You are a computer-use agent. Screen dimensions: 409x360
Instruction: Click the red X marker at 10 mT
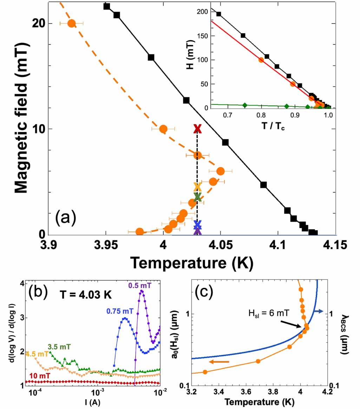[197, 129]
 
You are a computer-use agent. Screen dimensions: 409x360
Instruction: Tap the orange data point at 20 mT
[71, 23]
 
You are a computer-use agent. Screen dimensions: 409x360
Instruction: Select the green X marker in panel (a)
[197, 196]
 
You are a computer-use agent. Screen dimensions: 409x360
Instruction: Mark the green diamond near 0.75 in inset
[245, 105]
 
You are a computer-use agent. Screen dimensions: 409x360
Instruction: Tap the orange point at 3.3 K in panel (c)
[205, 372]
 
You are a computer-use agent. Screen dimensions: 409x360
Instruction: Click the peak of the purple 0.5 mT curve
[142, 291]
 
